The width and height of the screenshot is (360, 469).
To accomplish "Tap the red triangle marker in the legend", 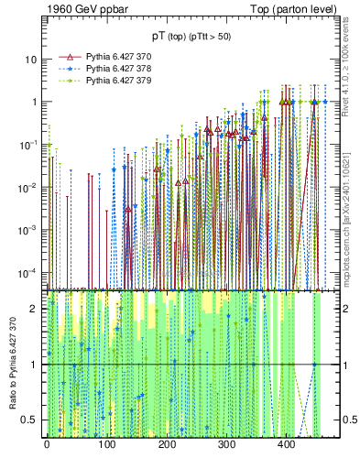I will click(69, 56).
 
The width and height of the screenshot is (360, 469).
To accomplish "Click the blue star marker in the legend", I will click(69, 69).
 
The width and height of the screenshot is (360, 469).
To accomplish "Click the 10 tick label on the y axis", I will click(31, 60).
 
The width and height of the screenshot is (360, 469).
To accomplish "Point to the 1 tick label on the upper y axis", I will click(34, 102).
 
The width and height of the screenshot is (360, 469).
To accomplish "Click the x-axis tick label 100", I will click(106, 444).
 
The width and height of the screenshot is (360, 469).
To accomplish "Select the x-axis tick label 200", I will click(166, 444).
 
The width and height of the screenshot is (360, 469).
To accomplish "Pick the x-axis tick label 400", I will click(286, 444).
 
